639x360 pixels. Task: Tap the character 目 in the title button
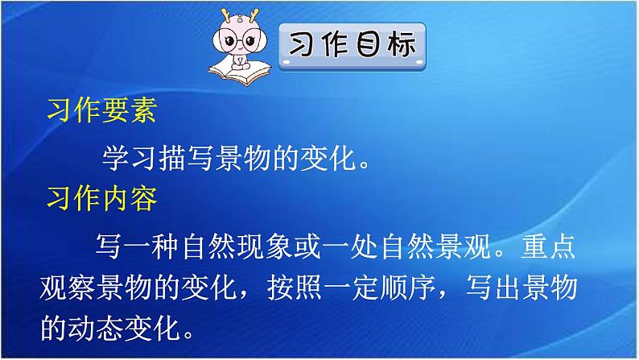tap(368, 46)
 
